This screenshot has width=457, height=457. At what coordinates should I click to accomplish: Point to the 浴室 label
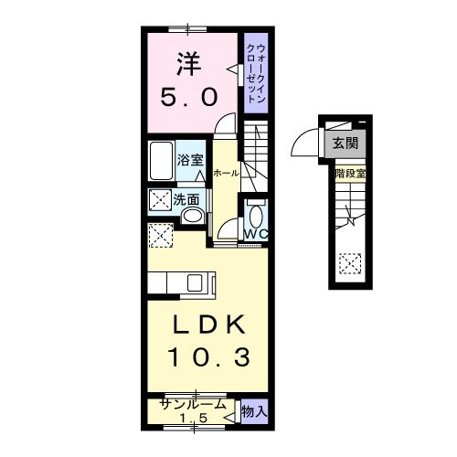[x=190, y=156]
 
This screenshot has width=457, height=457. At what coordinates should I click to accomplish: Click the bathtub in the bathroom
[x=161, y=164]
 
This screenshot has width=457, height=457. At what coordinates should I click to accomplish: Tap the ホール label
[x=226, y=173]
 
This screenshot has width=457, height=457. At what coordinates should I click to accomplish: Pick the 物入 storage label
[x=254, y=412]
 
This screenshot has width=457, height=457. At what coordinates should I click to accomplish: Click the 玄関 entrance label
[x=345, y=142]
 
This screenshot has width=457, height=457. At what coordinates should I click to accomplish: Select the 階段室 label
[x=349, y=172]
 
